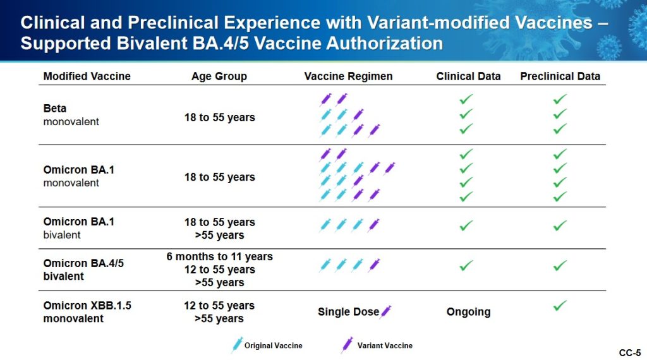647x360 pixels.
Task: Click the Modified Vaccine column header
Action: coord(87,76)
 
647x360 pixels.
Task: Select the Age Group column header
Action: coord(219,76)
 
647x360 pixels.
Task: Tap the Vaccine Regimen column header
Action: coord(348,76)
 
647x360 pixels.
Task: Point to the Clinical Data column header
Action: coord(468,76)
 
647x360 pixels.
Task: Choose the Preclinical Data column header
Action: coord(560,76)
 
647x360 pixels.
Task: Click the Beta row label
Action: coord(55,108)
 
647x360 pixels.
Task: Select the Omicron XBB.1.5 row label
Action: coord(87,306)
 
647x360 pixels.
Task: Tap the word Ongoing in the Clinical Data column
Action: coord(468,312)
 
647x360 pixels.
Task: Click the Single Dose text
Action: coord(348,312)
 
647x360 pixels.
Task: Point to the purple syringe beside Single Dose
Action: coord(386,311)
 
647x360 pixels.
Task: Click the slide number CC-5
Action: coord(630,352)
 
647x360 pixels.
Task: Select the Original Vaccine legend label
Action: coord(273,345)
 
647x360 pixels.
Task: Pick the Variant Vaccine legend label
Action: coord(385,345)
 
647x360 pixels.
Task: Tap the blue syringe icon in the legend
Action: coord(237,345)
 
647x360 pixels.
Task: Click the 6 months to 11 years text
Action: coord(219,256)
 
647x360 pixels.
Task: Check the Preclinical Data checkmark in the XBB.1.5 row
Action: coord(560,306)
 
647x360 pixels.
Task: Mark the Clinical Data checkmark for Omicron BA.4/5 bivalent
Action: coord(466,265)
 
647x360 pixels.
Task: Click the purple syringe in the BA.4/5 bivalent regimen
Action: coord(374,265)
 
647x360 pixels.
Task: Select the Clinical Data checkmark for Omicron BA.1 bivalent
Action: coord(466,225)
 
